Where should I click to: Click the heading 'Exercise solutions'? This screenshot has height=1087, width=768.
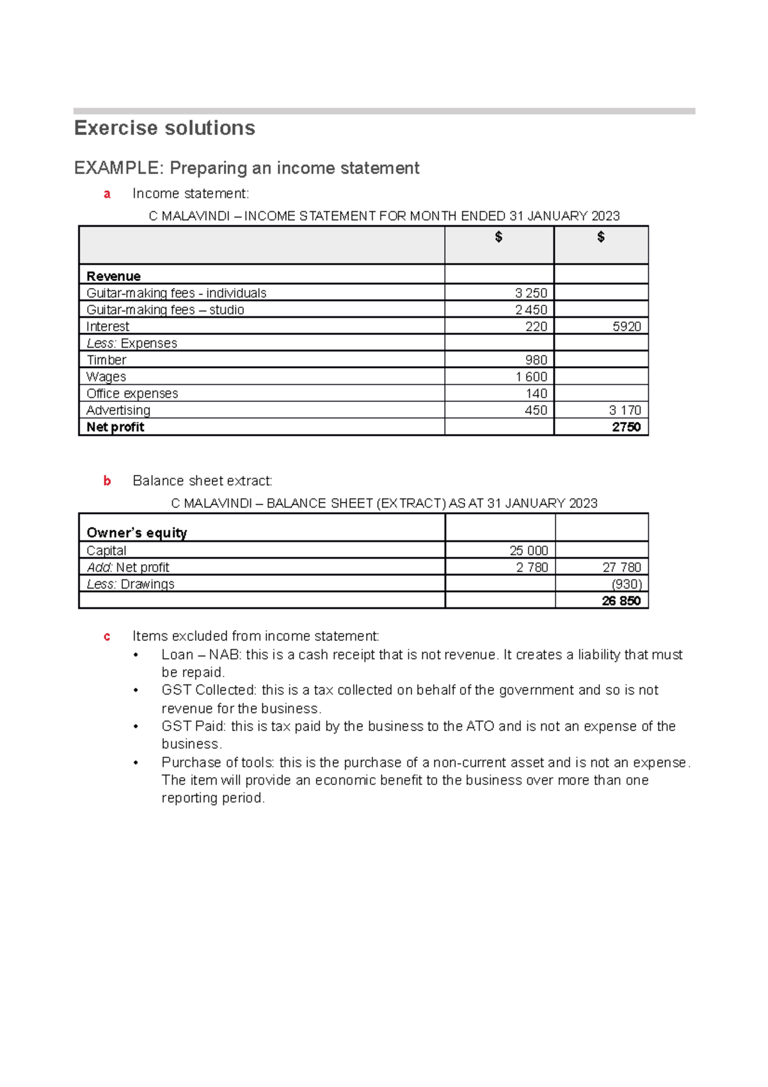coord(164,128)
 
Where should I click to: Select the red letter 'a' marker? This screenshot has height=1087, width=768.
coord(107,194)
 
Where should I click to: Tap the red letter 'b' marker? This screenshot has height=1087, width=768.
coord(107,481)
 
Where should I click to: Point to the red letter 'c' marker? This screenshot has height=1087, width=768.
coord(107,637)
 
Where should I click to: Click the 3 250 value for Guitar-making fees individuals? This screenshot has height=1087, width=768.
coord(531,293)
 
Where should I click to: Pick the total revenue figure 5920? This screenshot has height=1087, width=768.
coord(626,326)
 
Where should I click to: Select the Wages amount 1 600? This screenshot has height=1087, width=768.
coord(531,376)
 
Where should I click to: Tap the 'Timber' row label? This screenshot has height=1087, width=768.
coord(106,360)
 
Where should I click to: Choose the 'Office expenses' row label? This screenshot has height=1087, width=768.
coord(132,393)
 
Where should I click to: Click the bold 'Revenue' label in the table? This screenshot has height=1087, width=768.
coord(113,276)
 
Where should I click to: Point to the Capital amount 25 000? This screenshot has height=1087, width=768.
coord(528,551)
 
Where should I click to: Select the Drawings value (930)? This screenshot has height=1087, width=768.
coord(626,584)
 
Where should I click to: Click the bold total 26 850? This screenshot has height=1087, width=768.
coord(621,600)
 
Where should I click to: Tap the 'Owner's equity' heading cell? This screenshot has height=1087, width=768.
coord(136,533)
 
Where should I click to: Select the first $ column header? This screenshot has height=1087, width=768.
coord(499,237)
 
